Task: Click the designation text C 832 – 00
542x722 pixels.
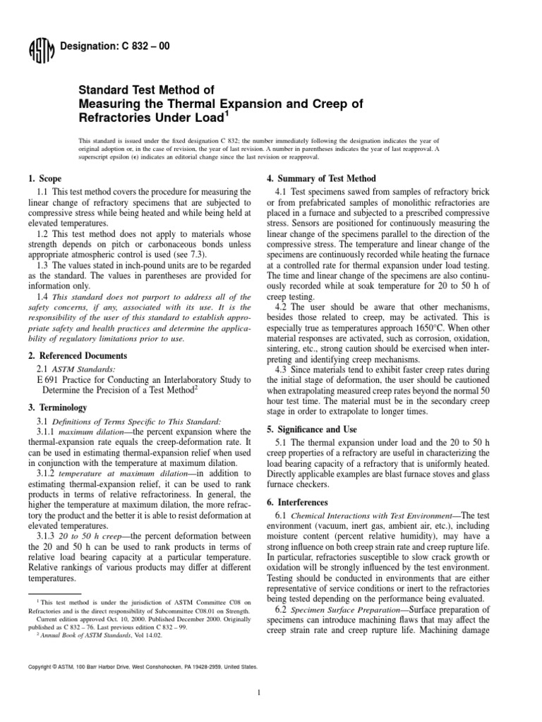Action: point(112,47)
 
